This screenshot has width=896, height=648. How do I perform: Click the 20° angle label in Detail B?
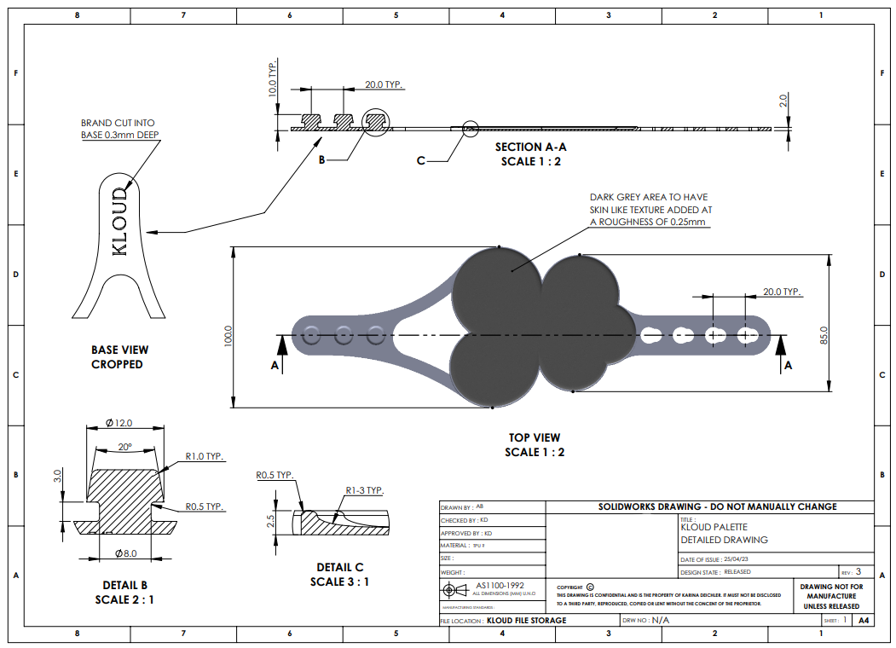tap(124, 447)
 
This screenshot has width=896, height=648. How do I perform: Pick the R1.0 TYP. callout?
tap(205, 457)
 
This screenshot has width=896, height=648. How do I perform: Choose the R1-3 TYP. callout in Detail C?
tap(364, 490)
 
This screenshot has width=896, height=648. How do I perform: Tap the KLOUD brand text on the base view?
tap(120, 222)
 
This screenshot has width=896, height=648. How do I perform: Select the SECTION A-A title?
tap(530, 147)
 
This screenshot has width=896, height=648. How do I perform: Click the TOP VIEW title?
tap(535, 437)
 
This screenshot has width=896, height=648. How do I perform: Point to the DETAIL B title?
tap(124, 585)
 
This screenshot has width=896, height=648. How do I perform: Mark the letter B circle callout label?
tap(322, 159)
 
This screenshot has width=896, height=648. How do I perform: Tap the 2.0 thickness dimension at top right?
tap(783, 100)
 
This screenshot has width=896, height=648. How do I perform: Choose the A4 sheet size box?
tap(864, 620)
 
